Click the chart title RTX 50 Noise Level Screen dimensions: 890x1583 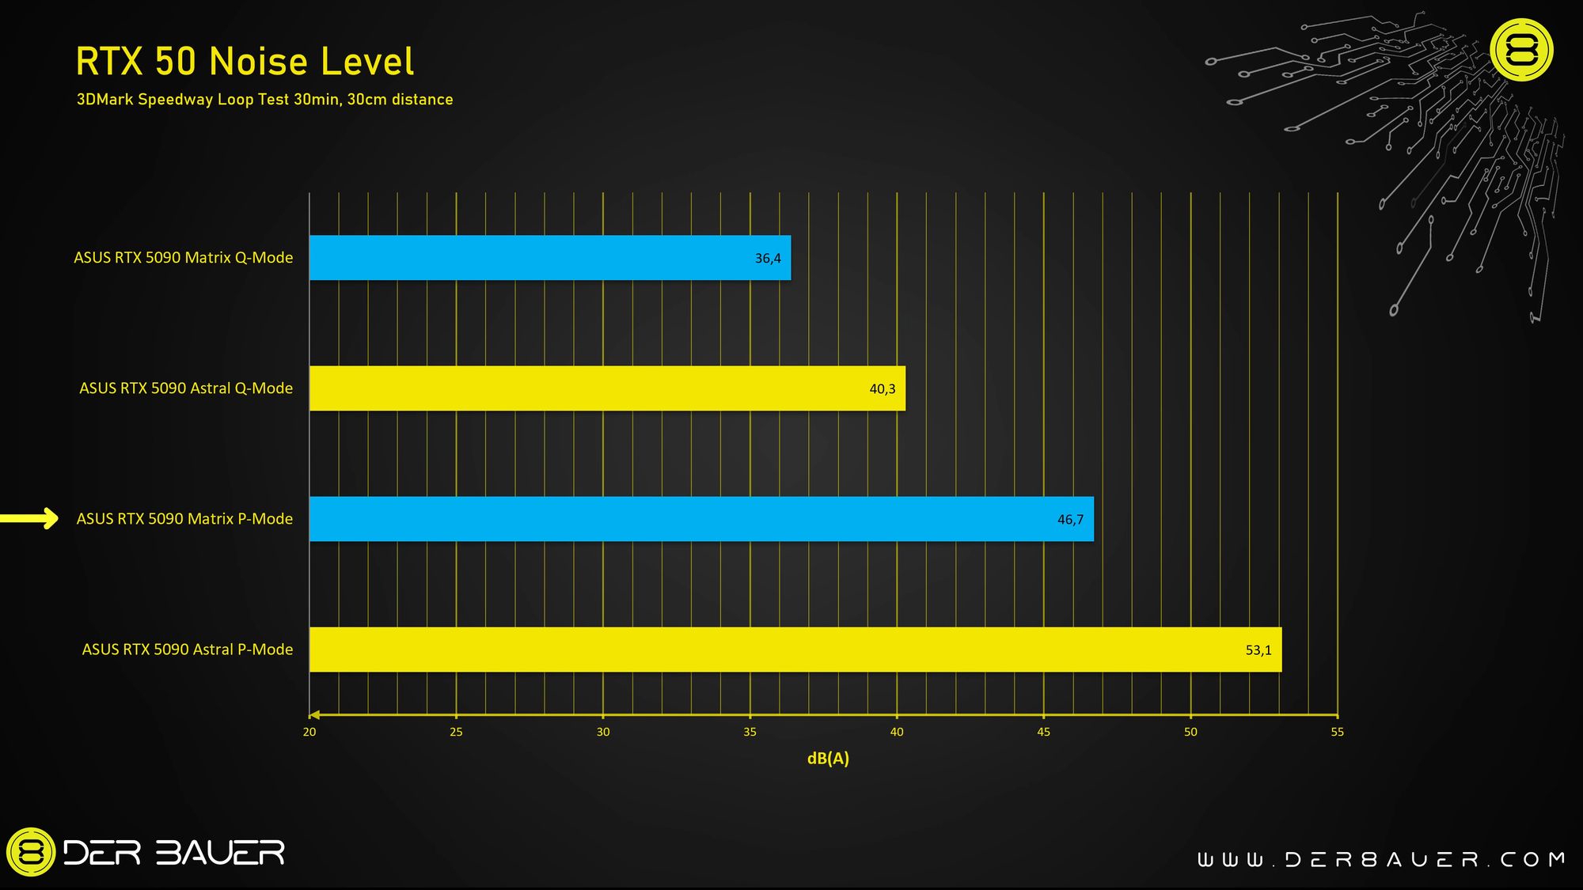pos(245,62)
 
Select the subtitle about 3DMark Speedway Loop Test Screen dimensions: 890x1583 pos(264,100)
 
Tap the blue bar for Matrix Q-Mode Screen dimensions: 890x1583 pos(549,258)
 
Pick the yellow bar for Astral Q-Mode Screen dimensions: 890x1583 pos(607,388)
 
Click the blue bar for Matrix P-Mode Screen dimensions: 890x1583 pos(701,519)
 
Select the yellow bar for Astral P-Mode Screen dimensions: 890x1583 pos(795,650)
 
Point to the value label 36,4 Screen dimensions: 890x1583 pos(768,259)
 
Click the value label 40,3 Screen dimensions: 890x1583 pos(883,389)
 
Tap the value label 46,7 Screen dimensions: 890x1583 pos(1070,520)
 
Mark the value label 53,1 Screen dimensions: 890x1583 pos(1258,650)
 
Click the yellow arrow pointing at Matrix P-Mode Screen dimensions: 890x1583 pos(30,518)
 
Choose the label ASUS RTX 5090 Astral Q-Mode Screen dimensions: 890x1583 pos(186,388)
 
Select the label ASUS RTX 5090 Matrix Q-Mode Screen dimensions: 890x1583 pos(184,258)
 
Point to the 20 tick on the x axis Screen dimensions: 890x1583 pos(309,732)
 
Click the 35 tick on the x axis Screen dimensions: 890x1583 pos(750,732)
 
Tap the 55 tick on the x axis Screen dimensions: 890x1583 pos(1337,732)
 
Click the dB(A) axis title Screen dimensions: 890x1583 pos(828,759)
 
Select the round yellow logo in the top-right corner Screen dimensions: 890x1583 pos(1521,50)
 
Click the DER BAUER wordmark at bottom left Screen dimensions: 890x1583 pos(173,853)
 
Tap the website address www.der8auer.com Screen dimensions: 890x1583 pos(1380,860)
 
